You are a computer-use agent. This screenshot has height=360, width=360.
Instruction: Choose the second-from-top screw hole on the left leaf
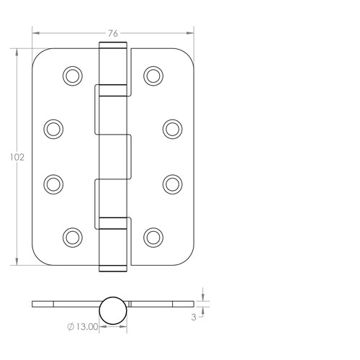53,128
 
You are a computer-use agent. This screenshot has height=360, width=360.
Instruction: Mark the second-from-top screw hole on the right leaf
172,128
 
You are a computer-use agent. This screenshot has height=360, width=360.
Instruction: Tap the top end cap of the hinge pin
113,46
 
